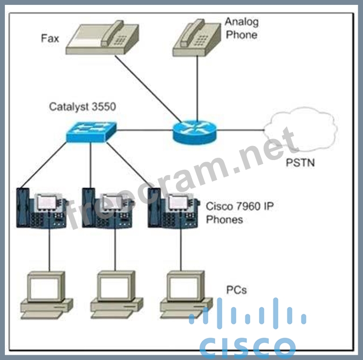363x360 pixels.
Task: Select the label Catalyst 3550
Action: (83, 106)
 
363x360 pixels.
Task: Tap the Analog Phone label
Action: (242, 28)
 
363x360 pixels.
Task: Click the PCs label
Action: (236, 290)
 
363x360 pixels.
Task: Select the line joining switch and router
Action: (145, 130)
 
